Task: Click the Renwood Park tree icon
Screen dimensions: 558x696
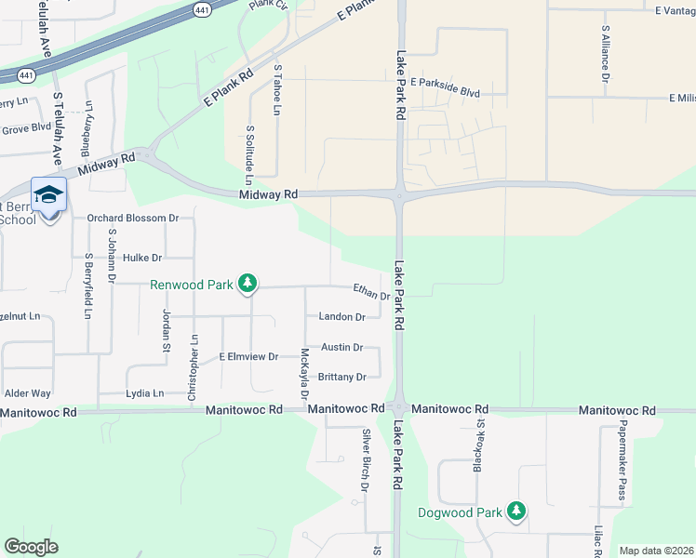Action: [x=247, y=283]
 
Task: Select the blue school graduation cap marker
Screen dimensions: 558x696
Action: [x=48, y=194]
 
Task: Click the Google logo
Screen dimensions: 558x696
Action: [x=31, y=547]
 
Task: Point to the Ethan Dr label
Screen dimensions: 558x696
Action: [x=370, y=292]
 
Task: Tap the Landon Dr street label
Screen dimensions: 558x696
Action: [x=341, y=317]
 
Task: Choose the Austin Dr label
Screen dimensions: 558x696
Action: [x=341, y=347]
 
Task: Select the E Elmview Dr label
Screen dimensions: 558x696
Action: [x=248, y=356]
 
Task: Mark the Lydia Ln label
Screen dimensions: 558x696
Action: [x=144, y=393]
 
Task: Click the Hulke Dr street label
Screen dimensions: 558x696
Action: [x=142, y=258]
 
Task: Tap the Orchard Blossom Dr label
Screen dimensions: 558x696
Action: [x=132, y=219]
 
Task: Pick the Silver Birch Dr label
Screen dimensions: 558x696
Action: [x=366, y=460]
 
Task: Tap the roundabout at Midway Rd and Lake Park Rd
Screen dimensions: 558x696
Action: [x=399, y=193]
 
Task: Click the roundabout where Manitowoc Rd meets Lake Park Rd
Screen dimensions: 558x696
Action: [x=398, y=409]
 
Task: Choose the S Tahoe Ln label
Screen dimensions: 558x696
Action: [x=276, y=89]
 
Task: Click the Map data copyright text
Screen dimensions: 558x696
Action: [x=656, y=551]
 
